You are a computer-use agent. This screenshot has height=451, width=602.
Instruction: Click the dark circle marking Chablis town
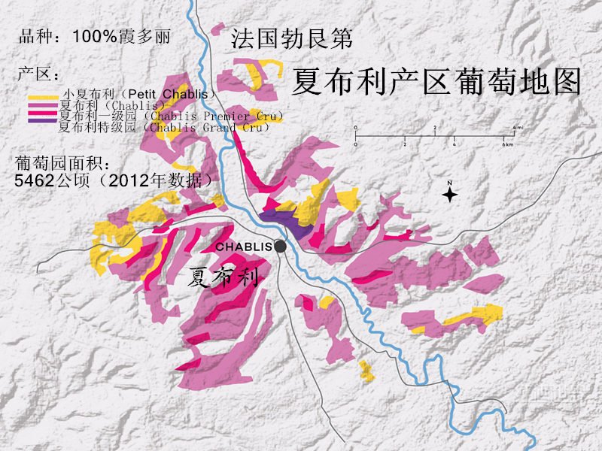click(x=281, y=246)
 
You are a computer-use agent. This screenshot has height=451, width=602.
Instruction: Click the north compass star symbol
click(x=449, y=195)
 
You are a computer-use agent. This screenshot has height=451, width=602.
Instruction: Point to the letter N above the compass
click(x=449, y=183)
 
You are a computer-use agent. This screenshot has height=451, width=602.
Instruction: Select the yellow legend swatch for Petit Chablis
click(x=42, y=97)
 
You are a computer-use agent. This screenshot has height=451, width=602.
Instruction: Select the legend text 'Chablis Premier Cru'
click(x=215, y=117)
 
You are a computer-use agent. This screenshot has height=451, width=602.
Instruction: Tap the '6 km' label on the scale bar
click(x=508, y=144)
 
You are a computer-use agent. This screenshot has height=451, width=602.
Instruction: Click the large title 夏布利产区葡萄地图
click(x=436, y=81)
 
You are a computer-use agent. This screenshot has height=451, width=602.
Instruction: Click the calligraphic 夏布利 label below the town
click(x=223, y=277)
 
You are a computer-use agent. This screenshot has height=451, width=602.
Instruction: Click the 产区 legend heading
click(x=37, y=75)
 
